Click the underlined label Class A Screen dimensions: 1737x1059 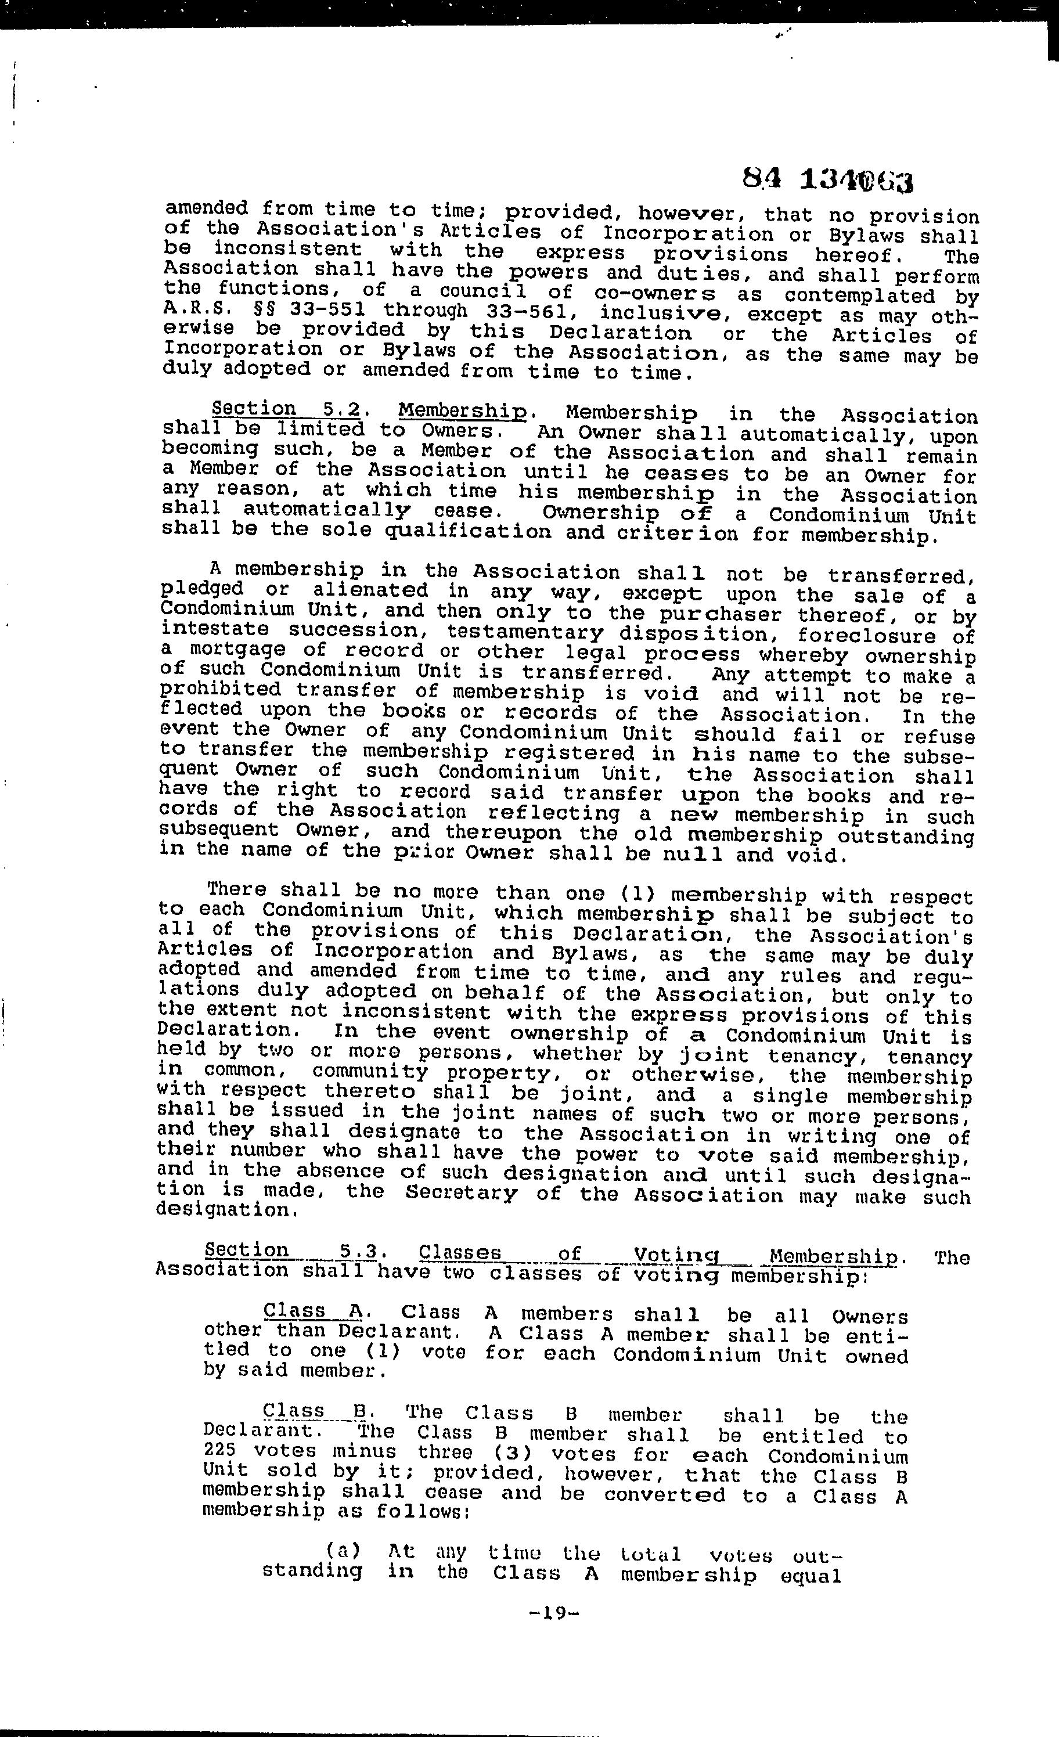click(x=312, y=1310)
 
